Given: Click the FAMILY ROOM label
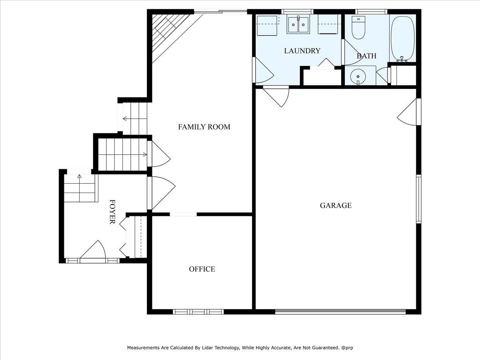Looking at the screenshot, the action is [x=204, y=127].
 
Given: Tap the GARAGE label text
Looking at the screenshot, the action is [x=336, y=206].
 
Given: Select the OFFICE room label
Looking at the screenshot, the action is [x=202, y=269].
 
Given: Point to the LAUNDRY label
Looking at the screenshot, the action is [x=302, y=51].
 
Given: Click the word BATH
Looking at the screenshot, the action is [x=366, y=56].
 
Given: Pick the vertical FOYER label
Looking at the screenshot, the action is [x=112, y=212].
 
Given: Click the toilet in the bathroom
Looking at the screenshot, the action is [x=358, y=27].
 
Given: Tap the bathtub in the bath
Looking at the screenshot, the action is [x=402, y=38].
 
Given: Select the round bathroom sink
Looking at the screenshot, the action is [x=358, y=76].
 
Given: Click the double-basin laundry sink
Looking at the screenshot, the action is [x=298, y=25].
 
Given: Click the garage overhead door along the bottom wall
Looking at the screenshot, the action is [x=340, y=312].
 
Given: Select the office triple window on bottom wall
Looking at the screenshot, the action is [x=198, y=312].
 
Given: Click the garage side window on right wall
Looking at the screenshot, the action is [x=418, y=199].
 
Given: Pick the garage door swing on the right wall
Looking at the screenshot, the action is [x=407, y=112].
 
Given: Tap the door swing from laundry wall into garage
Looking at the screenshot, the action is [x=276, y=97].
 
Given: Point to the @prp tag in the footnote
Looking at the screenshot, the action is [x=347, y=348].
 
